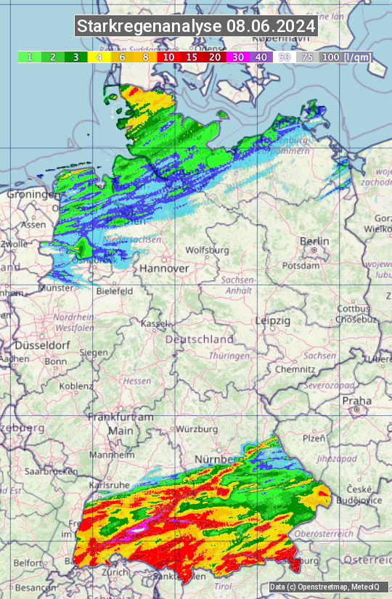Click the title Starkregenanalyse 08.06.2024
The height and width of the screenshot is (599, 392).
pos(196,26)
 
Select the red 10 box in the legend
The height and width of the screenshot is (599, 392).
pos(168,57)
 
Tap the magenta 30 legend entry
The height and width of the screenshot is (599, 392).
pos(237,57)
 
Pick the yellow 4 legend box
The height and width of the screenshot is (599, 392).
pos(99,57)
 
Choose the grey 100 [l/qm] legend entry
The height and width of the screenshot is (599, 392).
pos(346,57)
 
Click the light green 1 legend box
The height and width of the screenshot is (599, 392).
pos(29,57)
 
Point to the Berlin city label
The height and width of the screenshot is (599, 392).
pos(314,241)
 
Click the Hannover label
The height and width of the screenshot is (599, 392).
pos(164,268)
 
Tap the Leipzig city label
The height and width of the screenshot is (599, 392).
pos(273,320)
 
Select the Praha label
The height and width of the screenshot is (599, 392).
pos(356,400)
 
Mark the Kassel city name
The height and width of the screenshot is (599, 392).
pos(155,322)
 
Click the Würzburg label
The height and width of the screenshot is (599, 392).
pos(197,429)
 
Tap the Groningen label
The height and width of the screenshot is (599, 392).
pos(33,195)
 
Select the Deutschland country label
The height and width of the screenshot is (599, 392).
pos(200,339)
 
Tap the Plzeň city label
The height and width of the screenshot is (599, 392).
pos(314,438)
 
